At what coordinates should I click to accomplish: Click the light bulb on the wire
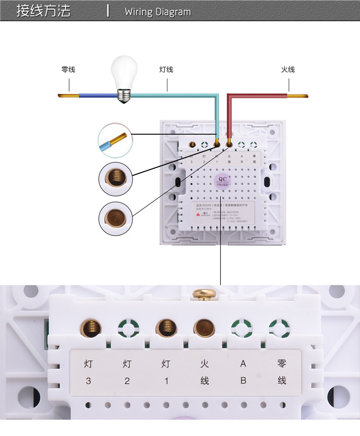(124, 78)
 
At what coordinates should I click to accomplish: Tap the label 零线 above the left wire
(68, 70)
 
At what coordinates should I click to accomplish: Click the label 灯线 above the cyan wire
(166, 70)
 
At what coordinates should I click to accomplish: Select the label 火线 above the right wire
(288, 70)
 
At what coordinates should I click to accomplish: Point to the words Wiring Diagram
(157, 12)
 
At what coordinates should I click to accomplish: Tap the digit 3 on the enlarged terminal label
(88, 381)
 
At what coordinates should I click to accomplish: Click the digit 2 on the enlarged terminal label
(127, 381)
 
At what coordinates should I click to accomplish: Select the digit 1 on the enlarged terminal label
(166, 381)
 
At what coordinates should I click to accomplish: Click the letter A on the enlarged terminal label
(243, 363)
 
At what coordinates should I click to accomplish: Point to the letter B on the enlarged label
(243, 381)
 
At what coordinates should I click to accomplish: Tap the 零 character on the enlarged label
(282, 363)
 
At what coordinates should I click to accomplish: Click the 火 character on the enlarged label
(204, 363)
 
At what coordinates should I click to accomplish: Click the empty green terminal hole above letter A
(241, 329)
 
